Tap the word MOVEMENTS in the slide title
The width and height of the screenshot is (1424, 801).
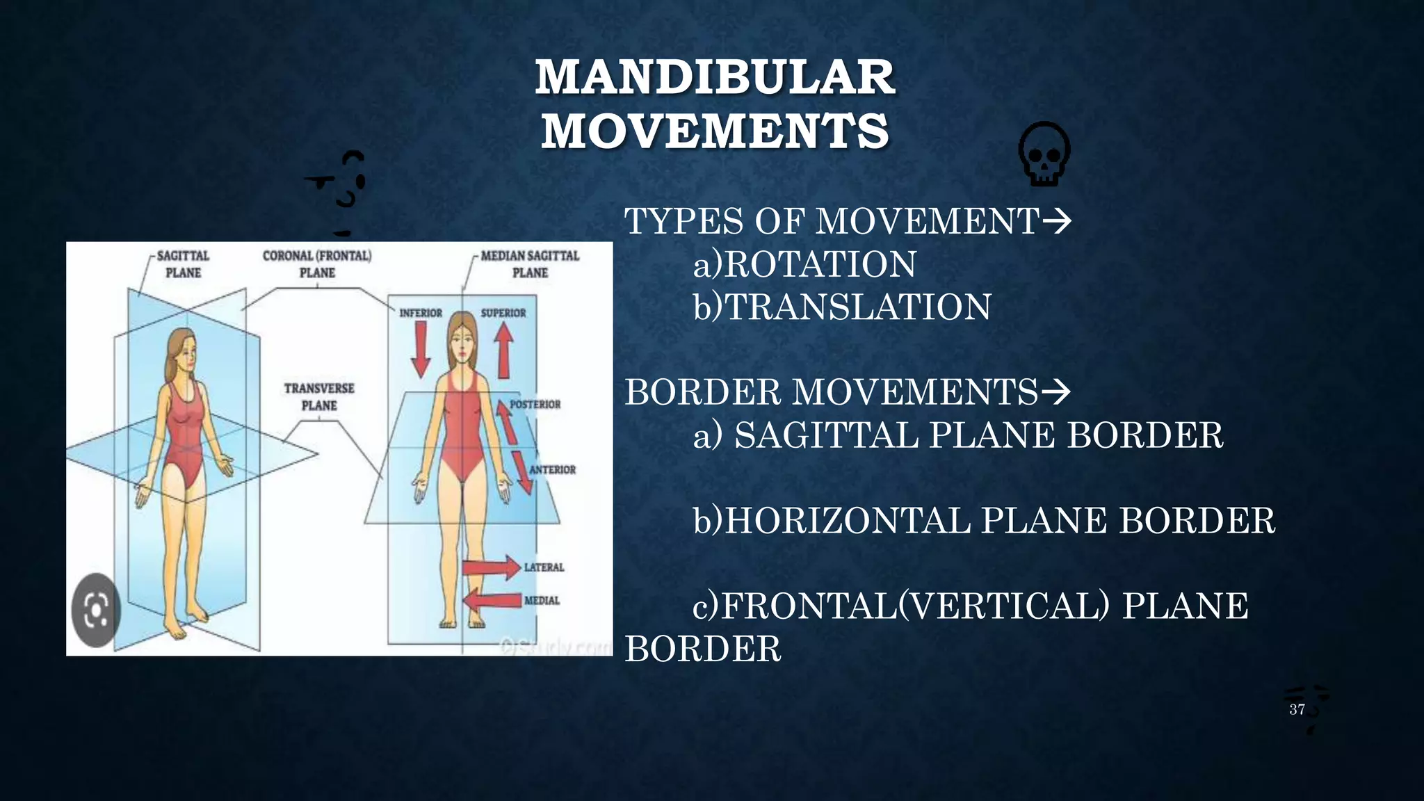coord(715,131)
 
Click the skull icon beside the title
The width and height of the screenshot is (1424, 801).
coord(1044,154)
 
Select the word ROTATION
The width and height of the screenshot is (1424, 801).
coord(820,264)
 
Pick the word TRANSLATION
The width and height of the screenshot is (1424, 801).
coord(858,307)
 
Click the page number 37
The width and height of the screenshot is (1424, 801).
coord(1297,709)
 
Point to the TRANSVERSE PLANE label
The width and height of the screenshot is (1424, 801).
coord(319,397)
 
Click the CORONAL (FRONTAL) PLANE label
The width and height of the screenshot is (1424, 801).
coord(317,264)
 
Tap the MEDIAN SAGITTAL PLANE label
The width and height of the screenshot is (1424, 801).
coord(530,264)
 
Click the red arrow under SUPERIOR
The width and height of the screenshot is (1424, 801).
coord(504,351)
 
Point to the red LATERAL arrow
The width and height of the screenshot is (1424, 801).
coord(492,567)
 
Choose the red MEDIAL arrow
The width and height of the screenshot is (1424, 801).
coord(492,600)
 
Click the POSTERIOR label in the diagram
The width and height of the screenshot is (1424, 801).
coord(535,405)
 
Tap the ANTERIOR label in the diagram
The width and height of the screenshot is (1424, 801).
coord(553,470)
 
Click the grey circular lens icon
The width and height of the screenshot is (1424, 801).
coord(96,610)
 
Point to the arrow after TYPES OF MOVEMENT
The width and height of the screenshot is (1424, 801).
coord(1057,222)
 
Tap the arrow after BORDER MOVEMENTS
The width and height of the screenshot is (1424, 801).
coord(1055,392)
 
